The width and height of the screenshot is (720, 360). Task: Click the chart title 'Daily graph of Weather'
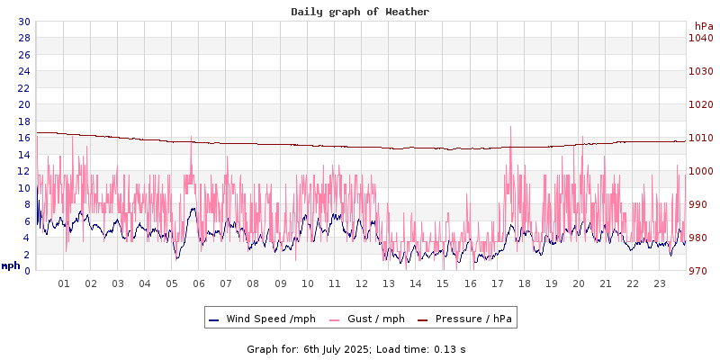click(359, 12)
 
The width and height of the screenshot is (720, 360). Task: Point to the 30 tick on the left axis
click(24, 22)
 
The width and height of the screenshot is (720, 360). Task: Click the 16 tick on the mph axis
click(24, 138)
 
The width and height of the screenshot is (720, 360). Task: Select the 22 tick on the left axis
click(24, 88)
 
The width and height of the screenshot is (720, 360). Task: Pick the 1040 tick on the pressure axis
click(700, 38)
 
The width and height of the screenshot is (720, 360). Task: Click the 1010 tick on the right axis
click(700, 138)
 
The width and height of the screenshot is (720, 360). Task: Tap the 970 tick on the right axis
click(700, 271)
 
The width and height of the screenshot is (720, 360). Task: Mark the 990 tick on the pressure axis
click(700, 204)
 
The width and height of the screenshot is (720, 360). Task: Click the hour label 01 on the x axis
click(64, 283)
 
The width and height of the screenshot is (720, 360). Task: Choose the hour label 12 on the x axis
click(362, 283)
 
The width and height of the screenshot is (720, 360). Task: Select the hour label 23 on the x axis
click(660, 283)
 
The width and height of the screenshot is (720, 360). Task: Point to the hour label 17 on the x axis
click(497, 283)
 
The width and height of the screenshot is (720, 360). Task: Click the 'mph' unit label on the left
click(11, 265)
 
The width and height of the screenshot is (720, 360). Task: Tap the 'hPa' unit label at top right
click(703, 25)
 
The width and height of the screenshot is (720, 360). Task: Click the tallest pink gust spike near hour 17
click(510, 128)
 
